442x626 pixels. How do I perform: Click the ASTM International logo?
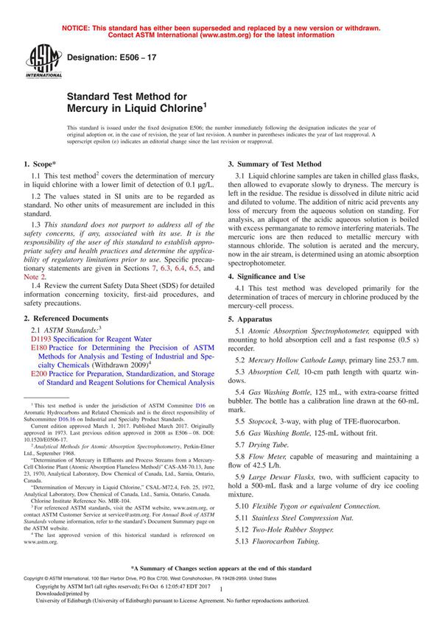pyautogui.click(x=38, y=60)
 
